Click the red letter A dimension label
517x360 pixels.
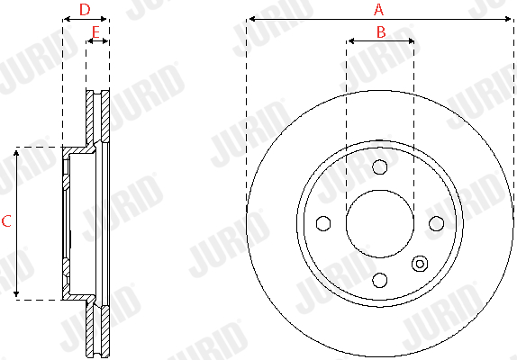pos(379,10)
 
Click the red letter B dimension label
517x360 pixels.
pos(381,31)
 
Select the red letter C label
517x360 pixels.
pos(6,221)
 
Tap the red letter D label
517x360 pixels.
pos(85,10)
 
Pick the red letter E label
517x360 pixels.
pos(95,32)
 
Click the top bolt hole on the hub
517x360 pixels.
pos(380,167)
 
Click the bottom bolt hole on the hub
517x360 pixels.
pos(380,280)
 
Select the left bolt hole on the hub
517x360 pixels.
pos(323,223)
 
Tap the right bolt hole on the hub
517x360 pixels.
pos(436,223)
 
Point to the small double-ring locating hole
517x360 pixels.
pos(420,264)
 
